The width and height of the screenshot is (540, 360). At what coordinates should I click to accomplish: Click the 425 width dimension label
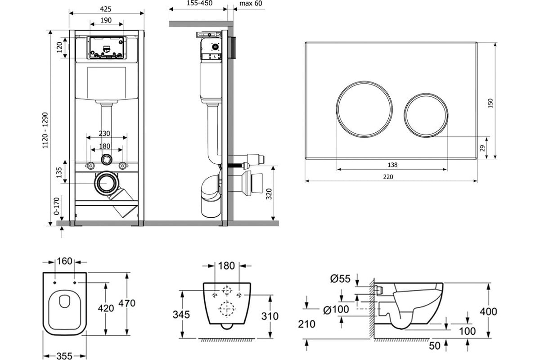coord(106,9)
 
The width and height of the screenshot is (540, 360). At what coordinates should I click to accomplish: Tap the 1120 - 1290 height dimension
coord(45,130)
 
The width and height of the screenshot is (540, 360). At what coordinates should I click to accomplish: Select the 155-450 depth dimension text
coord(200,3)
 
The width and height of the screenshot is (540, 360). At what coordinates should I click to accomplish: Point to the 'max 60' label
coord(251,4)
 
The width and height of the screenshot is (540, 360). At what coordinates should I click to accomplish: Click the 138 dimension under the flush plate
coord(392,165)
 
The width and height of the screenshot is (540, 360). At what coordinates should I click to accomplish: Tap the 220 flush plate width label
coord(388,177)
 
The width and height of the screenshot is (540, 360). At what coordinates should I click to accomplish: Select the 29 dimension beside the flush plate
coord(482,148)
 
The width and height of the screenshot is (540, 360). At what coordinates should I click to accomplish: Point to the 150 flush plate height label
coord(490,103)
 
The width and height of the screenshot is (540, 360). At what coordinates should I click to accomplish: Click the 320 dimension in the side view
coord(269,194)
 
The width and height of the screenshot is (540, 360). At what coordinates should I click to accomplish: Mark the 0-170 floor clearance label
coord(56,206)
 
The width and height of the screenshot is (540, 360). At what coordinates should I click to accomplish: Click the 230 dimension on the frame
coord(104,133)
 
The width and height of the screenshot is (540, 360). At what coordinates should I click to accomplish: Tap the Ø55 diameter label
coord(340,279)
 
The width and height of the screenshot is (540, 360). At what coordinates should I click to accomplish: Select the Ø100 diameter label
coord(336,309)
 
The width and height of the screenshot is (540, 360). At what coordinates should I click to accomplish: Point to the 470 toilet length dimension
coord(127,303)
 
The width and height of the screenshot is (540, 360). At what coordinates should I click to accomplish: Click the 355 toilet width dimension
coord(64,356)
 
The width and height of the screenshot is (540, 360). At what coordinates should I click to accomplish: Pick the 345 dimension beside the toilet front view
coord(181,315)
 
